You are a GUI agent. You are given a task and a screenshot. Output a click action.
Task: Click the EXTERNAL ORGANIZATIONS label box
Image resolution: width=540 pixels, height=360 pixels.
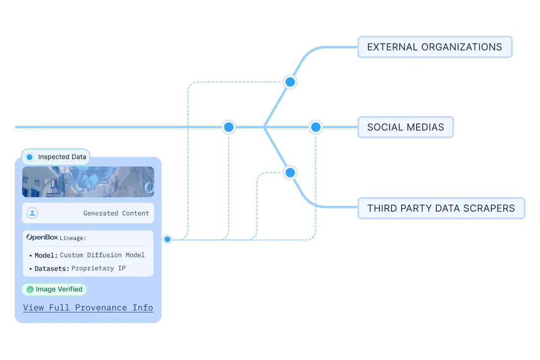[x=434, y=47]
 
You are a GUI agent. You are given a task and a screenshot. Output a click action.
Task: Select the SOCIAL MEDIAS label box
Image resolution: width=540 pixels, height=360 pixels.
[x=405, y=127]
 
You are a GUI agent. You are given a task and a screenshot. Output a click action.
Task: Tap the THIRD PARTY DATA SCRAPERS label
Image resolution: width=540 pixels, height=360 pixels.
[x=441, y=208]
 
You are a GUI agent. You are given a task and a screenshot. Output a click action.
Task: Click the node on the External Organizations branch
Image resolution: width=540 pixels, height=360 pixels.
[x=290, y=82]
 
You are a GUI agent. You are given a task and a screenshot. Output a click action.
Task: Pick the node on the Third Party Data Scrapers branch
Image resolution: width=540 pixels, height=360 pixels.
[x=290, y=172]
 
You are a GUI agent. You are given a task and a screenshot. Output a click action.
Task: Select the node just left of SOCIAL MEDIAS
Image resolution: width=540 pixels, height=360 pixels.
[x=315, y=127]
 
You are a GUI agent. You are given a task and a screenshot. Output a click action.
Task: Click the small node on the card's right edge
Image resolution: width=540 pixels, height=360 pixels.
[x=167, y=239]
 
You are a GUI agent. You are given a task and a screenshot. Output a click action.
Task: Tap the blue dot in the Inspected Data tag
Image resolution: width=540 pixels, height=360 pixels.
[x=29, y=157]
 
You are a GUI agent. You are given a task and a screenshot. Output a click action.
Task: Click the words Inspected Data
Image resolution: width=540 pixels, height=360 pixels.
[x=62, y=157]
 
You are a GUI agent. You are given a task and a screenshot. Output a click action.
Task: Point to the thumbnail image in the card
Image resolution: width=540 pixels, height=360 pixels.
[x=88, y=182]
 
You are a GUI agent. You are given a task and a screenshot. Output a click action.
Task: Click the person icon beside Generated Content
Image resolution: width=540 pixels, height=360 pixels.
[x=32, y=213]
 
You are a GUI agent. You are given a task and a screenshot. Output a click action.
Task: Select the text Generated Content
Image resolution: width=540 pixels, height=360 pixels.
[x=116, y=213]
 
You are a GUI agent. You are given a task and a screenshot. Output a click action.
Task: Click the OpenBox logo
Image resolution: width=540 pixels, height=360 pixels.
[x=42, y=237]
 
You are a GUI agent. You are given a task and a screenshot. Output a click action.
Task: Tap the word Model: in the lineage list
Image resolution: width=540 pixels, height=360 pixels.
[x=46, y=255]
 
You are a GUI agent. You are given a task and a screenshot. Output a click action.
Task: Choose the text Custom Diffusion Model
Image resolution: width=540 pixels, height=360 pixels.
[x=102, y=255]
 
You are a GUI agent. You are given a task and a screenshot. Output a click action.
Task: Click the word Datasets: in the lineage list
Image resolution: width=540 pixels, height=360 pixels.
[x=52, y=268]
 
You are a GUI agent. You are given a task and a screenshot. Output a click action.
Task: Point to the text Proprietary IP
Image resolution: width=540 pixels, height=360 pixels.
[x=98, y=268]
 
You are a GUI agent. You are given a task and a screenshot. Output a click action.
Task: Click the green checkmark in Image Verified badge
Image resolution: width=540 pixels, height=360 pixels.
[x=30, y=290]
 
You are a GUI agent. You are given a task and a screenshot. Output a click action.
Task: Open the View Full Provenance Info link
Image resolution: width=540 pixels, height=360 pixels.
[x=88, y=308]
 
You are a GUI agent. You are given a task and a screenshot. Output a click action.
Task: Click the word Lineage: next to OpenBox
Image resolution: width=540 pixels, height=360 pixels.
[x=73, y=238]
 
